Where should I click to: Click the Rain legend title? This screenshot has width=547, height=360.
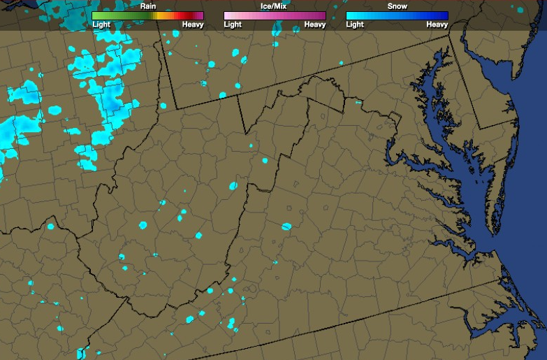[147, 6]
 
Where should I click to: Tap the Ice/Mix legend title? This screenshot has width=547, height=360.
[274, 6]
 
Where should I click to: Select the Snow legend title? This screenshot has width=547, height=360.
[397, 6]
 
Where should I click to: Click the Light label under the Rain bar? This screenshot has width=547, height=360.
[101, 24]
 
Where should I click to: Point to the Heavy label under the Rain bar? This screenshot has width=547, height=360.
[193, 24]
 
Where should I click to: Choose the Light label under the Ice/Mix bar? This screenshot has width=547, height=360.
[233, 24]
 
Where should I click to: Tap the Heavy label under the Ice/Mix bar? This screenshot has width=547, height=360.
[314, 24]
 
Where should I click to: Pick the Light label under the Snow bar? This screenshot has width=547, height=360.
[355, 24]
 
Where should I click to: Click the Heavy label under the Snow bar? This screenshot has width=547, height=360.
[437, 24]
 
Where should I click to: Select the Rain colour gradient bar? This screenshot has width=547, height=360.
[147, 15]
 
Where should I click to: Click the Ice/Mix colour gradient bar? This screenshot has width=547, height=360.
[275, 15]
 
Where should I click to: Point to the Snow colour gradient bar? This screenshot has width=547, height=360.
[397, 15]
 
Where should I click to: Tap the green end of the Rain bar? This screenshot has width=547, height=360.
[96, 15]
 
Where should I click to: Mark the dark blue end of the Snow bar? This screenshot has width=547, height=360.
[444, 15]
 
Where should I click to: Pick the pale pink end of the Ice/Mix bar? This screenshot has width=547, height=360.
[228, 15]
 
